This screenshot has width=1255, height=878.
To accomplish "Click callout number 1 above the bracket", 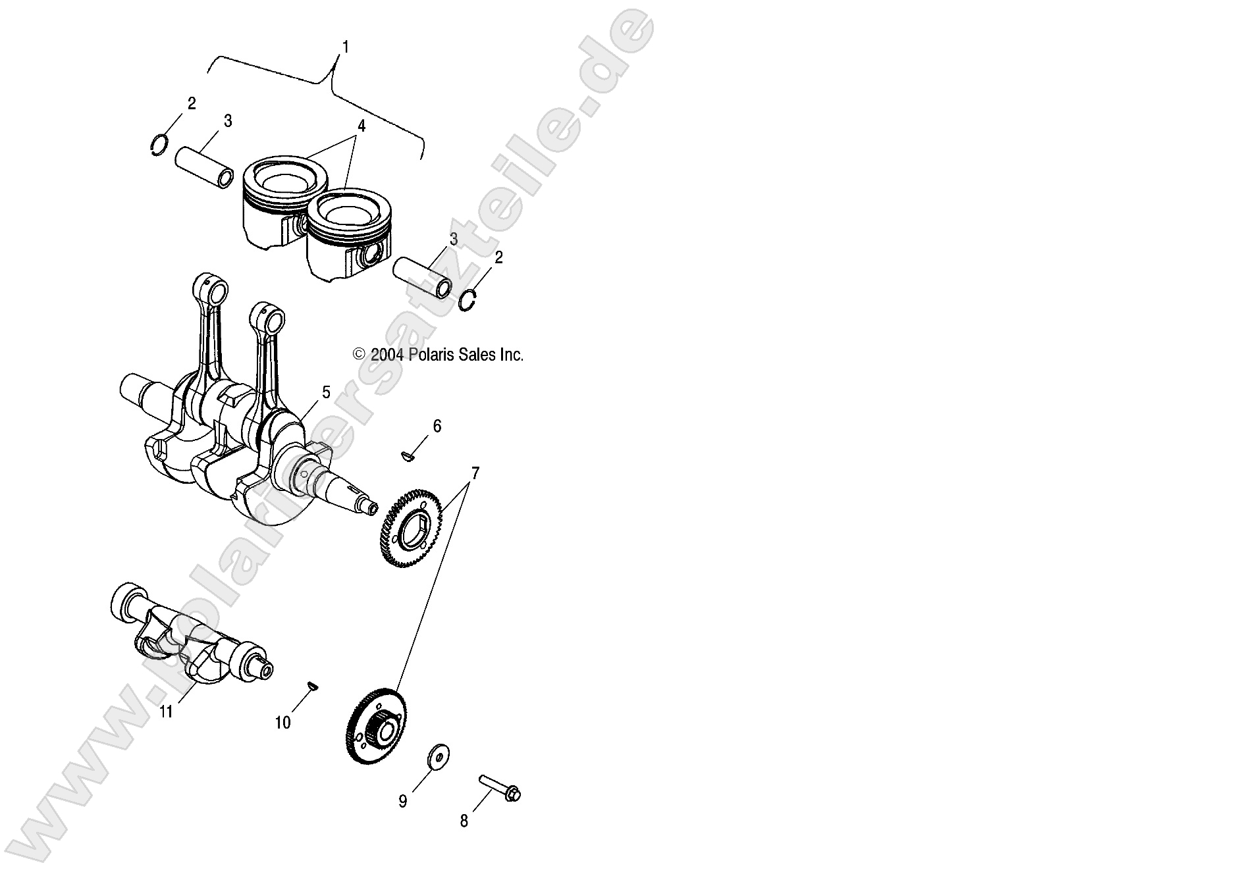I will point(346,47).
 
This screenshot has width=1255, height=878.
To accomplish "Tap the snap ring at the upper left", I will point(159,145).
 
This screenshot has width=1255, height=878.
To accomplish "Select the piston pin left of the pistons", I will point(204,168).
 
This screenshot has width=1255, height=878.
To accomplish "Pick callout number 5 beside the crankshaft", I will point(325,393).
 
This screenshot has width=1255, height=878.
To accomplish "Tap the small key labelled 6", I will point(407,455).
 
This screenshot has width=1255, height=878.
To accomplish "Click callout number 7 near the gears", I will point(475,473).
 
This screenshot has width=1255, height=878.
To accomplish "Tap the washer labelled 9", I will point(437,757).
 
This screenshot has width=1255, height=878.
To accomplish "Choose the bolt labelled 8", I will point(500,788).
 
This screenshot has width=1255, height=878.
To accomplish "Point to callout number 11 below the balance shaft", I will point(166,711).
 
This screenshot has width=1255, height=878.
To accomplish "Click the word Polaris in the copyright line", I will point(431,355).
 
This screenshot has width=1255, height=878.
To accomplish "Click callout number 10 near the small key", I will point(282,723).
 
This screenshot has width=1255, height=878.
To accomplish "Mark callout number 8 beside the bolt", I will point(464,821).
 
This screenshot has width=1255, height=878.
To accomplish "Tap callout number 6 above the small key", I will point(437,426).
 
